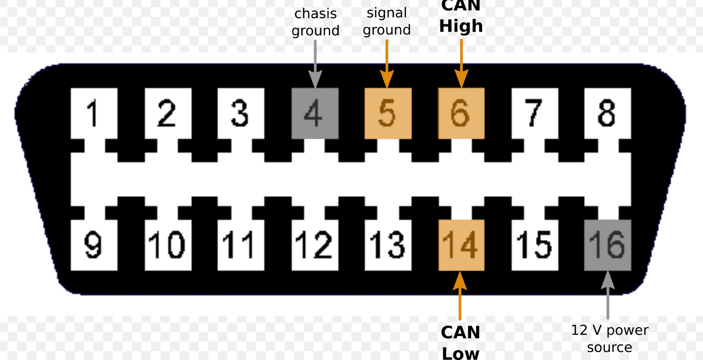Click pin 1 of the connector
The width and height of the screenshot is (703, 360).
[94, 113]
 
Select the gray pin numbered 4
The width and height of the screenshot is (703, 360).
[315, 113]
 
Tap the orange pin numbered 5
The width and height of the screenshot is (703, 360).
[388, 113]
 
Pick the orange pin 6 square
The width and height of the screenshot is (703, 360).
[461, 113]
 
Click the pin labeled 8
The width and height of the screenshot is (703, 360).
[607, 113]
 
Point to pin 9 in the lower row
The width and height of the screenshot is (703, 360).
[94, 245]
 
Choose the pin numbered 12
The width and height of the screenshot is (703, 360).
[315, 245]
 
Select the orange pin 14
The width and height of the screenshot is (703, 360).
[461, 245]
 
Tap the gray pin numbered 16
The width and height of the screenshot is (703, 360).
[607, 245]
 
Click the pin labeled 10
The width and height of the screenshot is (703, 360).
[168, 245]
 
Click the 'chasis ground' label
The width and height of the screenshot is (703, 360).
[316, 22]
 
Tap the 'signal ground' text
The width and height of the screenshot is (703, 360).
[387, 21]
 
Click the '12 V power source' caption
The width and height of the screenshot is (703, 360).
[609, 339]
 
